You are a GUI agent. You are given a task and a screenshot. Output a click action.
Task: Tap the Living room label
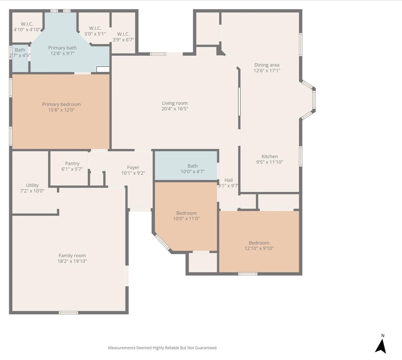[175, 103]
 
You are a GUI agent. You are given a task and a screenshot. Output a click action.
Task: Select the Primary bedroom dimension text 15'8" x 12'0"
[62, 110]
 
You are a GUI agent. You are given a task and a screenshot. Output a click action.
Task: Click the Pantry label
[72, 164]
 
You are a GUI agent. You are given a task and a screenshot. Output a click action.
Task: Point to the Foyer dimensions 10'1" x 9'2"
[133, 173]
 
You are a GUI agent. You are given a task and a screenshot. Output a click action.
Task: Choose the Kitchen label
[269, 156]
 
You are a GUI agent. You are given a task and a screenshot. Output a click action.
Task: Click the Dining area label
[267, 65]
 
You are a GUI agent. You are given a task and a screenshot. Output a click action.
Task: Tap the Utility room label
[32, 185]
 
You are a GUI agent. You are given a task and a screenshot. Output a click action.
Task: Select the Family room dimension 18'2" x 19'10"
[72, 261]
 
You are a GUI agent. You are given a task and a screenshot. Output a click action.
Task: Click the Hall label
[228, 180]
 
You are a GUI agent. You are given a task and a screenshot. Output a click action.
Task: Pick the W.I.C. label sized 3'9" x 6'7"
[123, 34]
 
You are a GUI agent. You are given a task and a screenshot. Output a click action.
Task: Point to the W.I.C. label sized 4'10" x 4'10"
[27, 24]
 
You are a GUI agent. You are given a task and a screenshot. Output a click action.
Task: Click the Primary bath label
[62, 48]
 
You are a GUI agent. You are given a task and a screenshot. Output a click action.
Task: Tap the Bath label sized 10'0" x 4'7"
[193, 166]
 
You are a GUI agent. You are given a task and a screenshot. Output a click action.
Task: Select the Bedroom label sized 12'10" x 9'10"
[259, 243]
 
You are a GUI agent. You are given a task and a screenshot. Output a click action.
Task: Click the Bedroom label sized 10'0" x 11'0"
[186, 213]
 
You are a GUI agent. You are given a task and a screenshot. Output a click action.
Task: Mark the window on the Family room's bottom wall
[68, 313]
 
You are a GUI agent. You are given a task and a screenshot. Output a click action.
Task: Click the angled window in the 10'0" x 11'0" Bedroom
[162, 242]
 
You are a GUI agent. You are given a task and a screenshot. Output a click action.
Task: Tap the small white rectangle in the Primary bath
[103, 69]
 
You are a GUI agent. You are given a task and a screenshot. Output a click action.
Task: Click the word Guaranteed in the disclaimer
[206, 348]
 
